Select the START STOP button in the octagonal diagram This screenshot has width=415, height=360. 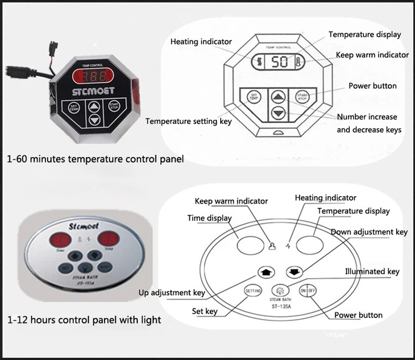click(304, 95)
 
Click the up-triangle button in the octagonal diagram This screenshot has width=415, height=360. click(278, 96)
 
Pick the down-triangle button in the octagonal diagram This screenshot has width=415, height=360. click(278, 113)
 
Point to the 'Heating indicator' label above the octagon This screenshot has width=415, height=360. click(201, 42)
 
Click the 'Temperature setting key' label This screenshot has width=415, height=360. click(188, 120)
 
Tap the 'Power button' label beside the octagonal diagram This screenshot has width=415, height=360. click(373, 86)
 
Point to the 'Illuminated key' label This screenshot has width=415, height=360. click(372, 271)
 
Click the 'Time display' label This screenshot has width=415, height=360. click(209, 218)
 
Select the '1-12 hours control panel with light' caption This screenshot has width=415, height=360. click(84, 320)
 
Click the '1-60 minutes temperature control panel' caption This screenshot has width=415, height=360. click(96, 159)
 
